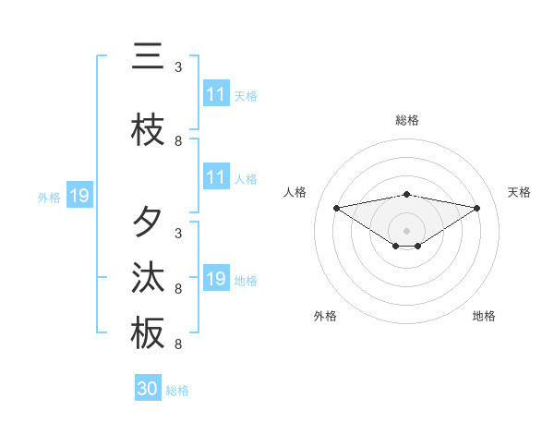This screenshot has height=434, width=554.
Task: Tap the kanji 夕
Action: click(148, 222)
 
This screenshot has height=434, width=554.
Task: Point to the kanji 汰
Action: click(148, 278)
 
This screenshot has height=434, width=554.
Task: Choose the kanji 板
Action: click(148, 333)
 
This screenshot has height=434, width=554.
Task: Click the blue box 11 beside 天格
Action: click(216, 95)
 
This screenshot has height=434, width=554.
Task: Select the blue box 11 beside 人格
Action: click(216, 178)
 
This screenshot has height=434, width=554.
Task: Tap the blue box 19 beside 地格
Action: click(216, 280)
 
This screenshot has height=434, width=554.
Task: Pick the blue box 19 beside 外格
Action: click(78, 196)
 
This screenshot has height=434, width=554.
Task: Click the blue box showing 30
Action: click(148, 389)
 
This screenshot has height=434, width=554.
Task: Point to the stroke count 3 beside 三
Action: click(178, 67)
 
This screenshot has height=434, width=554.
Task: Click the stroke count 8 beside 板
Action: click(178, 344)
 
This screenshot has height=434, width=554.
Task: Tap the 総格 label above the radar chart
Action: click(407, 120)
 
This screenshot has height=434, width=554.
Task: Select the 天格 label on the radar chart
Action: click(519, 192)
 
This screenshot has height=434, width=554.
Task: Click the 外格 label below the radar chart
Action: click(325, 316)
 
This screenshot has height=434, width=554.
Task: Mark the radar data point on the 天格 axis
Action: click(477, 208)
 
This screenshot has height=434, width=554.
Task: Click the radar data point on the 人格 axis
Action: click(337, 208)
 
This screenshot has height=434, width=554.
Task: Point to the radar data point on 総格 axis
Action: click(407, 194)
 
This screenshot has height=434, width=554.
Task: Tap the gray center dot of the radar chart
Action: click(407, 230)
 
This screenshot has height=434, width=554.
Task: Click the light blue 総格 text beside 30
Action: click(177, 391)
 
